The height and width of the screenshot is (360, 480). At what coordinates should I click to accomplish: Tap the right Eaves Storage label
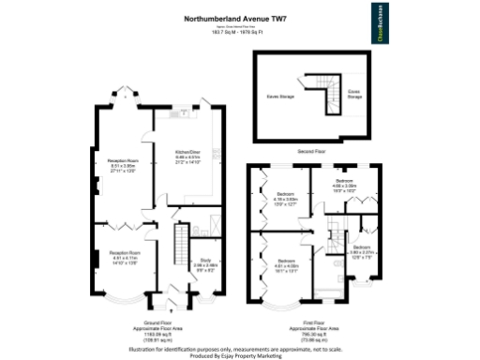coord(354,94)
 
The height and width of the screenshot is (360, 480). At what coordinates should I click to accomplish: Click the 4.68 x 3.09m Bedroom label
coord(344,183)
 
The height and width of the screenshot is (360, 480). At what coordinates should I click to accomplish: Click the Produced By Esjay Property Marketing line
coord(240,354)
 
